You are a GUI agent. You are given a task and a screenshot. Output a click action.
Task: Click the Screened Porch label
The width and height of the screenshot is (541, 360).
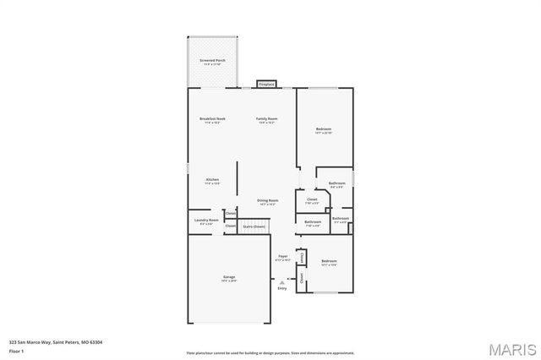(212, 61)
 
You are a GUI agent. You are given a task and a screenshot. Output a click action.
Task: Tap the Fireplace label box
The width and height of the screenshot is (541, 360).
(266, 85)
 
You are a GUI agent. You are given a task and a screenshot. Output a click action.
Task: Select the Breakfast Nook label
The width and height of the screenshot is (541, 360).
(212, 118)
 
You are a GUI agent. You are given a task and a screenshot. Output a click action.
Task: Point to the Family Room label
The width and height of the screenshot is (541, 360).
(267, 118)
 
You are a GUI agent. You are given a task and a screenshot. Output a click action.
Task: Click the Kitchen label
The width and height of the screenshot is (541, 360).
(212, 179)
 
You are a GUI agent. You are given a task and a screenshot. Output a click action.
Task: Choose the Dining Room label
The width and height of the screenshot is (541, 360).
(268, 200)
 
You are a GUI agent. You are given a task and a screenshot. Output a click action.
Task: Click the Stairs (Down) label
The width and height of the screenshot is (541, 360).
(254, 226)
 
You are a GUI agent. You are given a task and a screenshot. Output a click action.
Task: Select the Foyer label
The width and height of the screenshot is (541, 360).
(282, 256)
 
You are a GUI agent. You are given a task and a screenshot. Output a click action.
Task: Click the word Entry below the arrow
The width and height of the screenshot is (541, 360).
(282, 288)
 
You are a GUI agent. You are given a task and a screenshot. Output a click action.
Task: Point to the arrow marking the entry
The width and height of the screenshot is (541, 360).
(282, 281)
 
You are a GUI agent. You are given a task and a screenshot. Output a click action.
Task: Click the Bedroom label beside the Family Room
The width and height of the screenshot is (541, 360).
(324, 128)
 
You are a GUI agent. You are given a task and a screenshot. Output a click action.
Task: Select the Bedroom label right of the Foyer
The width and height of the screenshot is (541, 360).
(329, 261)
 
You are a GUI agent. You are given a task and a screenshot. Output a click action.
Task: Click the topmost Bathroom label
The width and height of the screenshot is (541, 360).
(336, 183)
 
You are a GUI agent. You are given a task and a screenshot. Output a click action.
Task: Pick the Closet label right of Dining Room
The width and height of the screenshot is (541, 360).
(312, 199)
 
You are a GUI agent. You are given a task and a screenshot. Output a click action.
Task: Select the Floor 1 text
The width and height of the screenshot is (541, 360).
(15, 350)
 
